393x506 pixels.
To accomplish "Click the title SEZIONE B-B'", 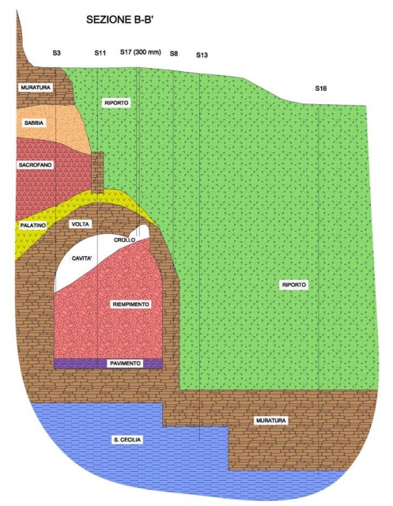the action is [x=119, y=20].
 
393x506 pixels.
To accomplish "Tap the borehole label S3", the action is [x=56, y=53].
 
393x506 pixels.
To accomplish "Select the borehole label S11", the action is [x=100, y=53].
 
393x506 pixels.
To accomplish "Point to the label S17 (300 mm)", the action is [x=141, y=52].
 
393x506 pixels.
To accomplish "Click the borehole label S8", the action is [x=174, y=54].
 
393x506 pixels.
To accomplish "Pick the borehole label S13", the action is [x=202, y=55].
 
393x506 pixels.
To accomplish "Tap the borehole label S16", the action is [x=321, y=89].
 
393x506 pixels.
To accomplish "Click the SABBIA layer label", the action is [x=34, y=123].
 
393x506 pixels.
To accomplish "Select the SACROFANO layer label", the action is [x=35, y=165].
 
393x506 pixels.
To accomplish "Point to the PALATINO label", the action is [x=33, y=225].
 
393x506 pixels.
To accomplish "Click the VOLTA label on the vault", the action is [x=81, y=225].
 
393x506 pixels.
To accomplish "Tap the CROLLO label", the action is [x=124, y=240].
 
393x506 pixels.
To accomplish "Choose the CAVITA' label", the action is [x=82, y=259].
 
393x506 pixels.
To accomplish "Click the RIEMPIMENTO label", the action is [x=131, y=304].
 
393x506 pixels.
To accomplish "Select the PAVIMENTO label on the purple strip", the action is [x=126, y=364].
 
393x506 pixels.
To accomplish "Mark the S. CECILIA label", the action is [x=127, y=440].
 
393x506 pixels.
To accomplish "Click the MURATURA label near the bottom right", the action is [x=271, y=421].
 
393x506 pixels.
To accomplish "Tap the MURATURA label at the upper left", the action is [x=36, y=88].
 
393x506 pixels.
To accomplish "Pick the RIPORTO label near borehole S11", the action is [x=116, y=103].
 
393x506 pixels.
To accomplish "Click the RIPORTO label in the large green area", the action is [x=294, y=285].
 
